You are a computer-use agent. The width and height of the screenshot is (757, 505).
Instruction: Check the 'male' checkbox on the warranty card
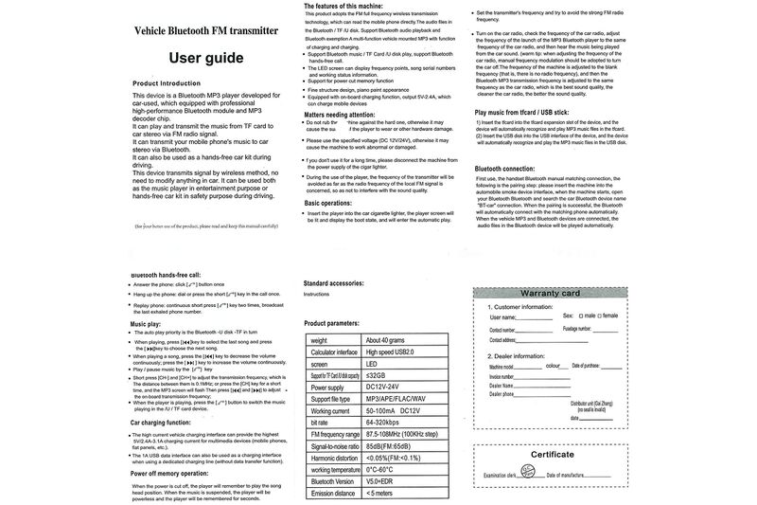coord(579,315)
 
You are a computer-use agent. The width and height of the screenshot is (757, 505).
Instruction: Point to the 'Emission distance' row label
coord(332,493)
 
